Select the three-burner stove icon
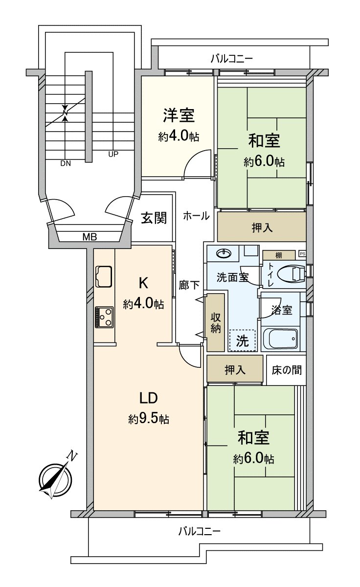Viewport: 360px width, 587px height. [104, 317]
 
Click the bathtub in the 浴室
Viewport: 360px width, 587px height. [280, 339]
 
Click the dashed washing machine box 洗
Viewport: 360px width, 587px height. [242, 339]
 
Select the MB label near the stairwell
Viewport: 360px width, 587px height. [89, 237]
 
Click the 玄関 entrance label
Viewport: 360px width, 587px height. [154, 218]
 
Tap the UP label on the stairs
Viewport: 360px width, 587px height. [113, 154]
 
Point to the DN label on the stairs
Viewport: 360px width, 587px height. [66, 164]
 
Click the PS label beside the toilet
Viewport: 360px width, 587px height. [302, 254]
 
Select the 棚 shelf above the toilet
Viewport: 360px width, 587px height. [278, 255]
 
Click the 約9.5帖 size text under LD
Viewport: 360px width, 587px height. [149, 419]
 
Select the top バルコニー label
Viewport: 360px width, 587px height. [231, 59]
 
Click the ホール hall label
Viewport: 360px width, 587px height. [196, 215]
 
